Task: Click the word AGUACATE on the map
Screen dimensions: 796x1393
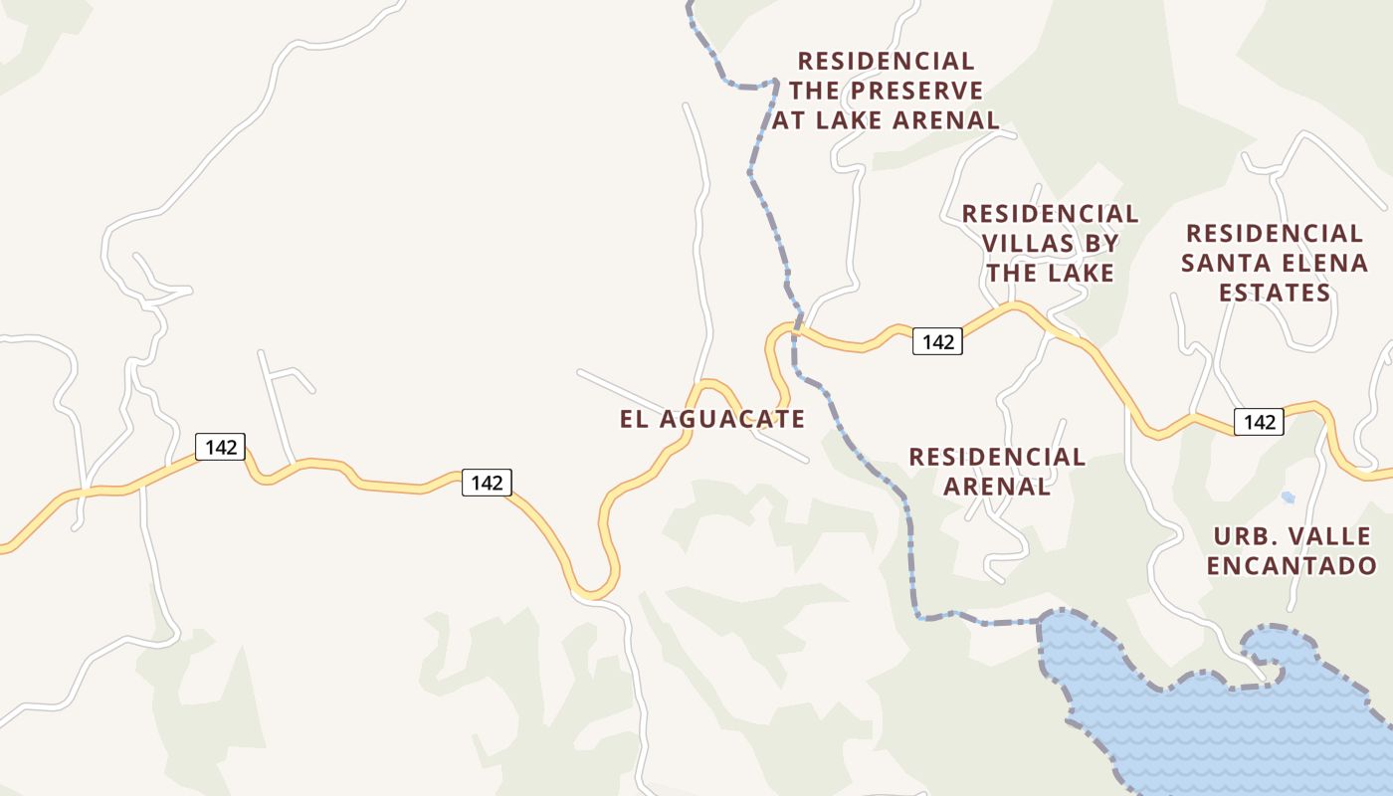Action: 732,419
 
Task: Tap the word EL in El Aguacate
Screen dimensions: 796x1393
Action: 634,419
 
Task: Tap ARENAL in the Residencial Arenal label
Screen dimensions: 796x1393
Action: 996,487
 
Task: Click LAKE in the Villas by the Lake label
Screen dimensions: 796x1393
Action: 1081,273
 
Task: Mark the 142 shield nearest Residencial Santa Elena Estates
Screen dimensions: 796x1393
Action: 1259,422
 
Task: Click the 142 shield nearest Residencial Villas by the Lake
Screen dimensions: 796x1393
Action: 937,342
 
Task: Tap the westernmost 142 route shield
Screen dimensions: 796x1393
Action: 220,447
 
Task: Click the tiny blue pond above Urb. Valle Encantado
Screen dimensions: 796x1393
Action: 1289,497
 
